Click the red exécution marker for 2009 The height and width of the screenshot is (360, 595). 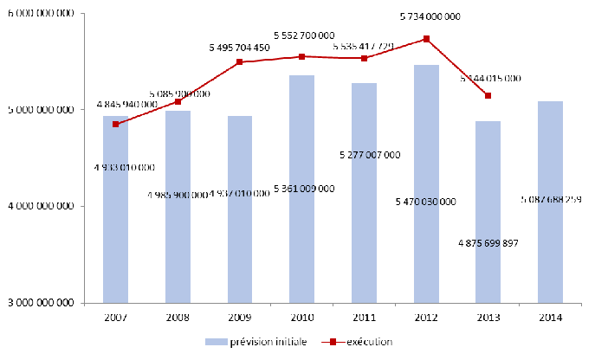(240, 62)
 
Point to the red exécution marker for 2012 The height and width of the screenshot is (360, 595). (426, 39)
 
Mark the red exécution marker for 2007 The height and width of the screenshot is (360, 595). (115, 124)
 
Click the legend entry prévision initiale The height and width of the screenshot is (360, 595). (257, 342)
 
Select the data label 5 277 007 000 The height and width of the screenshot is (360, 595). (364, 155)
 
